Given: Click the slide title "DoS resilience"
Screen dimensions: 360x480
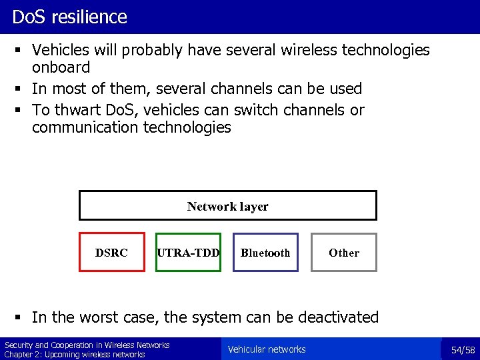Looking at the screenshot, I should [69, 17].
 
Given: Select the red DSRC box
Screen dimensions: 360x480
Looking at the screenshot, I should [112, 252].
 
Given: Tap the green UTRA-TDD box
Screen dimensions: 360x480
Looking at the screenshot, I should [188, 252].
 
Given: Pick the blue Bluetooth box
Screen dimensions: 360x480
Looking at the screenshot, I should [265, 252].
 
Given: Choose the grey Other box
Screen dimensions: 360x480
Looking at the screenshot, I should [344, 252].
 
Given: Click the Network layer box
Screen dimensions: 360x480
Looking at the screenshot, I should [228, 206].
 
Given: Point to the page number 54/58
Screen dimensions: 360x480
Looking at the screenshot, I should [463, 350].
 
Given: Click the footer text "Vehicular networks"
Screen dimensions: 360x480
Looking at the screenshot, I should [267, 349].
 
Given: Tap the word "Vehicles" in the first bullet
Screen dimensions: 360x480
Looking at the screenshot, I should [63, 50].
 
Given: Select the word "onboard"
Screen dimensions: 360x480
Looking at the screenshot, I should [61, 68].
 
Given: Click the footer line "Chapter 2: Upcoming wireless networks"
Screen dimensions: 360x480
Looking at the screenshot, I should [75, 354].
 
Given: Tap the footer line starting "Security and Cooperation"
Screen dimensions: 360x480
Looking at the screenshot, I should [87, 345].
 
